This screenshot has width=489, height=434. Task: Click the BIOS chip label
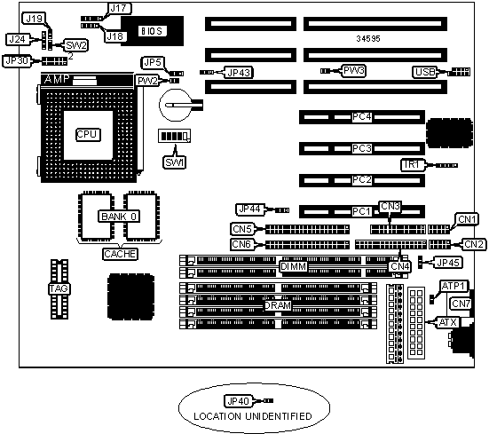152,31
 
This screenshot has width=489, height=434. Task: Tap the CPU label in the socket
88,135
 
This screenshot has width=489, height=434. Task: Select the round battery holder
175,105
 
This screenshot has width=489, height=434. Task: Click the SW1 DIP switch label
175,162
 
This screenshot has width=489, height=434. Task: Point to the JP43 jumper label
239,73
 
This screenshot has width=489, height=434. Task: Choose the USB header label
425,73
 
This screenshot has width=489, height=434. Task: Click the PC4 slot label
362,117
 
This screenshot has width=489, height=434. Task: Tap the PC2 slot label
362,180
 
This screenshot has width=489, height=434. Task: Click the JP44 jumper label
250,209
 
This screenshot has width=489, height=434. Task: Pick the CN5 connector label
242,229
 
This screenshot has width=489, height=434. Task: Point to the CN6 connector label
242,244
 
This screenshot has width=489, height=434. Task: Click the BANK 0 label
119,217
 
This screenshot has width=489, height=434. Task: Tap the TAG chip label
59,289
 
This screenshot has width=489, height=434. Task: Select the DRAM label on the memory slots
278,305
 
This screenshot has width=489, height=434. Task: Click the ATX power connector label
448,322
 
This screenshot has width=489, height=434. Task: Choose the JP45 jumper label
448,263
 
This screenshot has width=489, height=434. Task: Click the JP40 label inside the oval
238,401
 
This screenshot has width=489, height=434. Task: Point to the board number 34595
368,39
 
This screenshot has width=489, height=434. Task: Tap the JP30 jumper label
17,61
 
